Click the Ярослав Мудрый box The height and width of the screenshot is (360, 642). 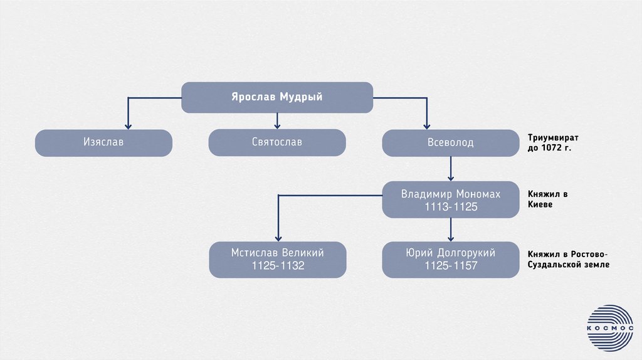click(277, 97)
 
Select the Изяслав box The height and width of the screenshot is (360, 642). click(103, 142)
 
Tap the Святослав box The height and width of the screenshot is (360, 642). click(276, 142)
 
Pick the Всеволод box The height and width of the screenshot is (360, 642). click(451, 142)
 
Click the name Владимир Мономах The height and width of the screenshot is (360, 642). click(451, 194)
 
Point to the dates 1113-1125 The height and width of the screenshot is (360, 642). click(451, 207)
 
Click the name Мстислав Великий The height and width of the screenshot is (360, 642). click(277, 253)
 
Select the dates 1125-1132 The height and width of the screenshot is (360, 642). click(277, 266)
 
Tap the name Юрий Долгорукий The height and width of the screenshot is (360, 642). click(451, 253)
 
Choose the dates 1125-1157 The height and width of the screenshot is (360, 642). click(451, 266)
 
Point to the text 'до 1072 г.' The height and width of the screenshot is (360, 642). click(549, 149)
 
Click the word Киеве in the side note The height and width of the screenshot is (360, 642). click(540, 205)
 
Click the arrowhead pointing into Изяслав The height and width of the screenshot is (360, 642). click(129, 125)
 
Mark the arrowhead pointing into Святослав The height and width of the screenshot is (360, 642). click(276, 125)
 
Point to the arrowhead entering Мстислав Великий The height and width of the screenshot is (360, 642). click(277, 237)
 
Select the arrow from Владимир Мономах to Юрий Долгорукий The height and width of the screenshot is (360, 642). click(451, 230)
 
